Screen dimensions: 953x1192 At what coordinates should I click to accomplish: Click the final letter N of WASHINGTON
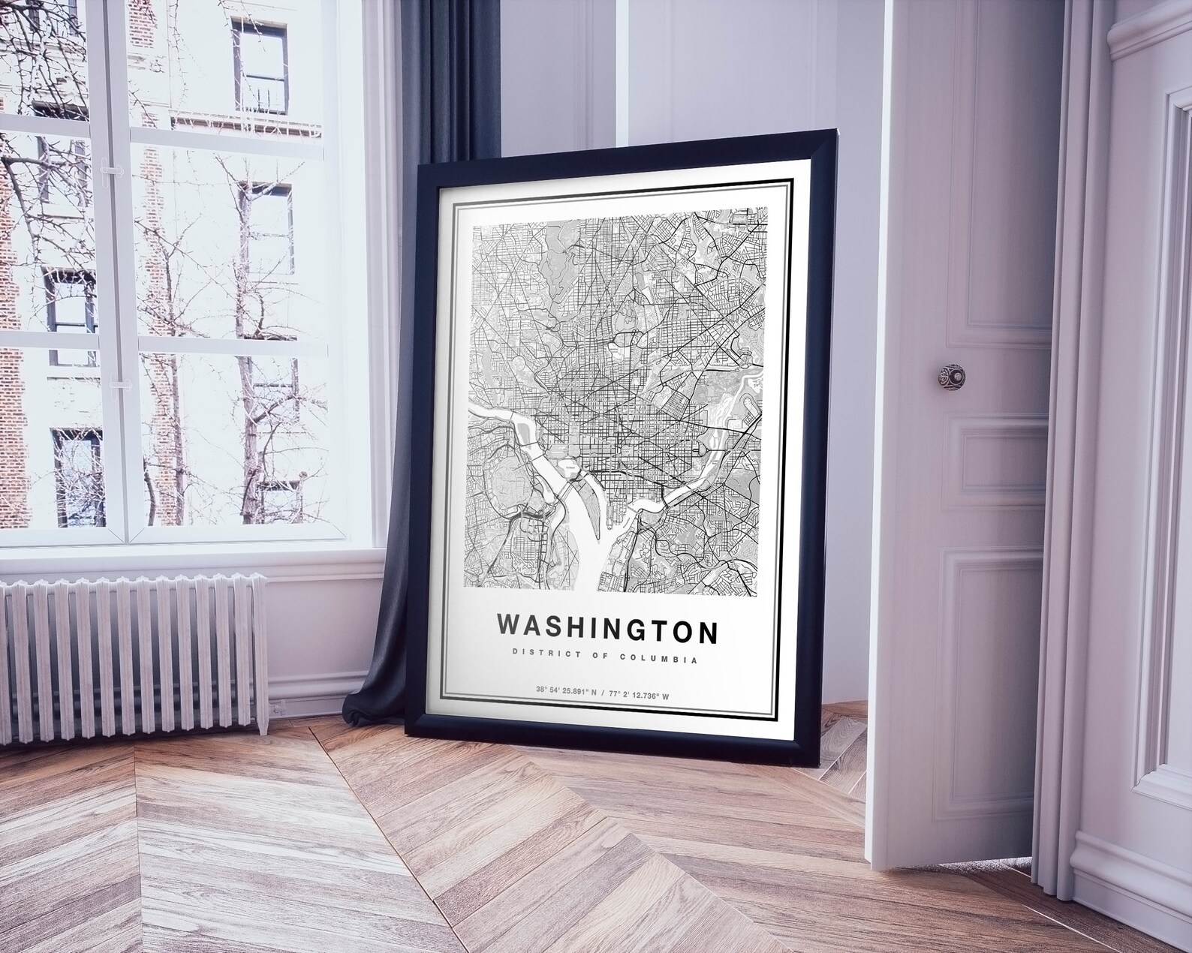707,632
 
